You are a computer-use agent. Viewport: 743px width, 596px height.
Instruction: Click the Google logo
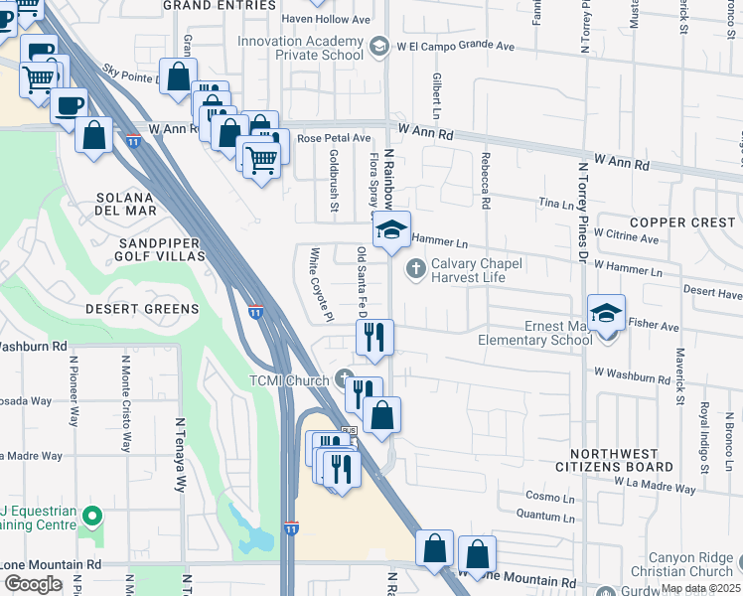click(32, 584)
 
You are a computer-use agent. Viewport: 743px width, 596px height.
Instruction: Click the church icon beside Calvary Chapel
click(414, 268)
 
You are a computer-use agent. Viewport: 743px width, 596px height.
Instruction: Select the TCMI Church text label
click(289, 380)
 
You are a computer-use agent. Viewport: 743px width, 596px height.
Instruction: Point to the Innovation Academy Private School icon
click(377, 47)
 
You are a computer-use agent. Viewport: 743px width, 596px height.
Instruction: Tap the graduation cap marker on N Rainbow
click(392, 230)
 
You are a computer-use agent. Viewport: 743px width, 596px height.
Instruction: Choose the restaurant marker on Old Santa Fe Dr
click(374, 338)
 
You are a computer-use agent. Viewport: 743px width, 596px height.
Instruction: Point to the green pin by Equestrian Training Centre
click(92, 516)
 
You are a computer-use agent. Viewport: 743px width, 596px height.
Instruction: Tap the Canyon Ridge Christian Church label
click(690, 564)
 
